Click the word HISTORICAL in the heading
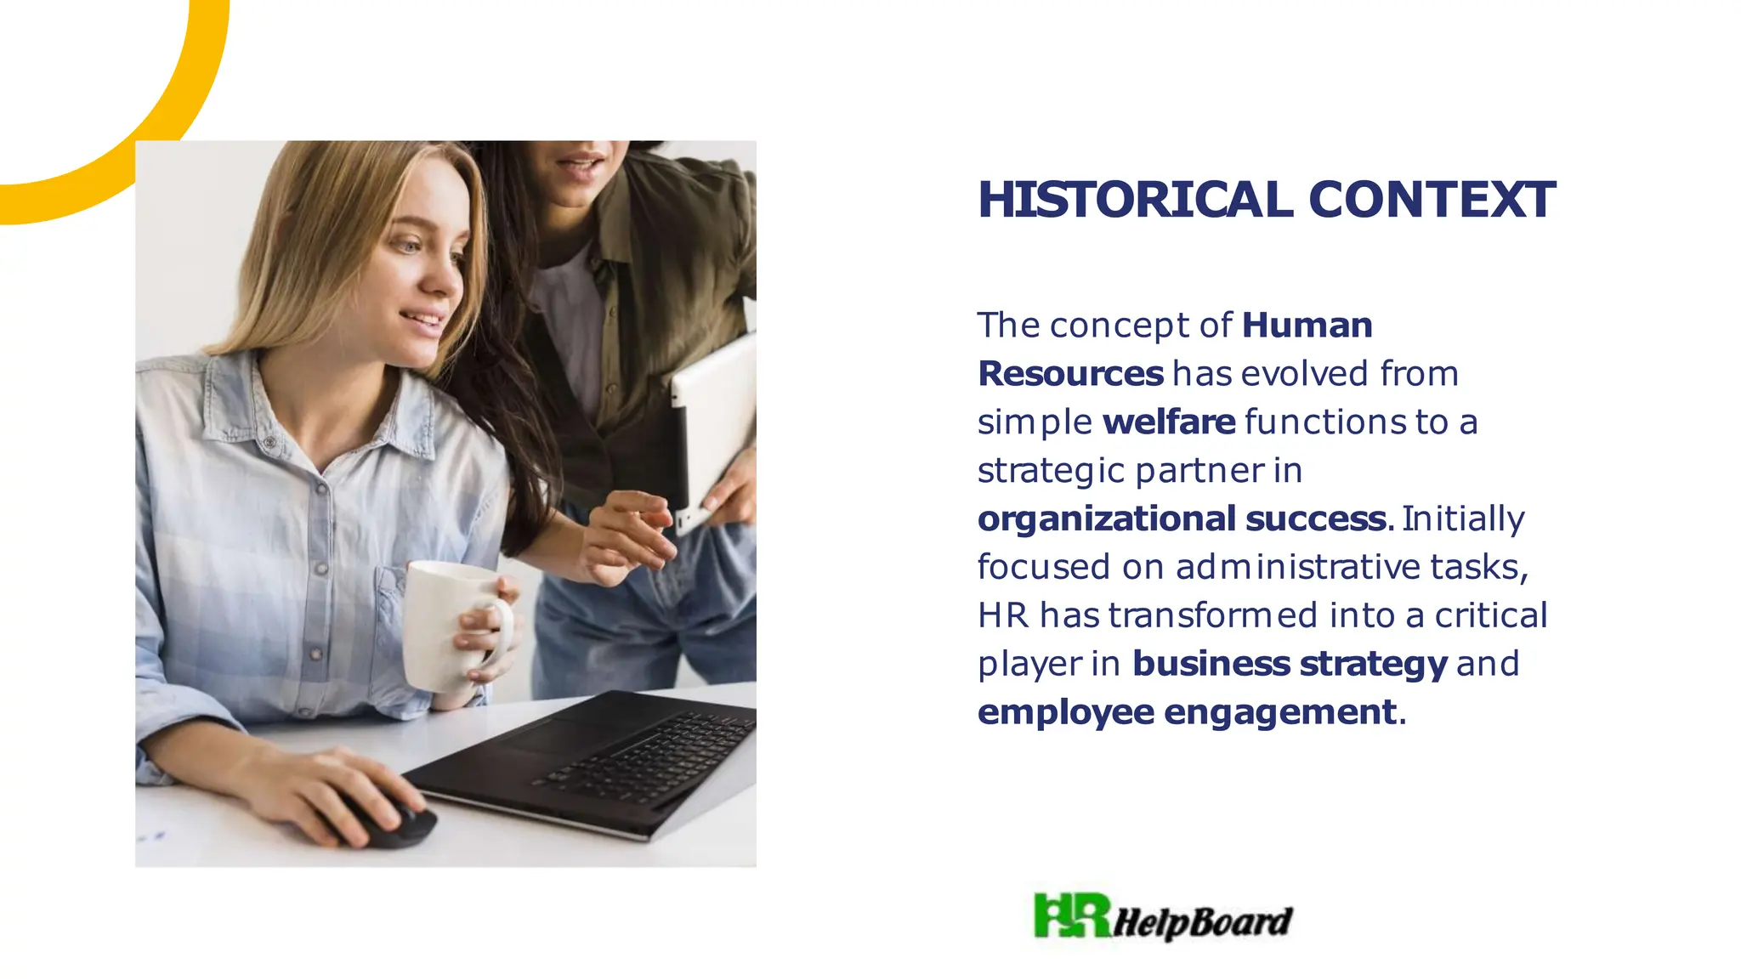pos(1136,200)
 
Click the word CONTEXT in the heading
pos(1432,200)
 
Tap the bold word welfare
pos(1169,422)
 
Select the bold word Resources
pos(1070,373)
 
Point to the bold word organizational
pos(1107,518)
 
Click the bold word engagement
pos(1279,711)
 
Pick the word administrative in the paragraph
pos(1298,567)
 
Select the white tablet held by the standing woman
pos(712,425)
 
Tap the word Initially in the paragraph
pos(1463,518)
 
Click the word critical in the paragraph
pos(1491,615)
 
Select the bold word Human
pos(1307,325)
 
